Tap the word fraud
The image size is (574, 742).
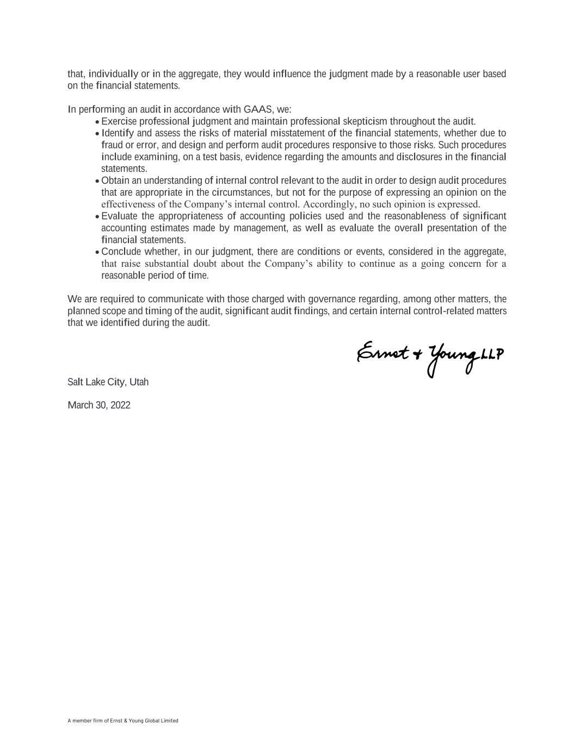(113, 145)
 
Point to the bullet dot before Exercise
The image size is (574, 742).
(97, 122)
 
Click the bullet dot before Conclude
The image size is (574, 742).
(97, 253)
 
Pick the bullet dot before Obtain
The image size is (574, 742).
(97, 182)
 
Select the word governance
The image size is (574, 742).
(332, 299)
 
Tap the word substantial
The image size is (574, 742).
(166, 264)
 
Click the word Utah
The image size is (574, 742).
(139, 382)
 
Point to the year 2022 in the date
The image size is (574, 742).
(120, 405)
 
